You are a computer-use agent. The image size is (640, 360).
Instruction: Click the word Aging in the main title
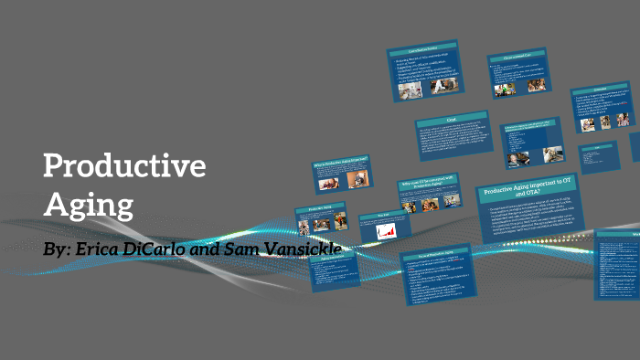[89, 203]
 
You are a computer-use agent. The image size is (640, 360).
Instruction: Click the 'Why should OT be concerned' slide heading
[428, 185]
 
